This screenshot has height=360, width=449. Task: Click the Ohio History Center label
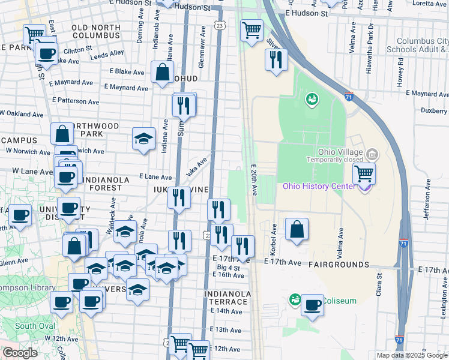(319, 186)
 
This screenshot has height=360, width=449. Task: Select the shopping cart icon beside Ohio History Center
(364, 174)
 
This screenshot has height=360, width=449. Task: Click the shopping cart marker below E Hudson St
(252, 29)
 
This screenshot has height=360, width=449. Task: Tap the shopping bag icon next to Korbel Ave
(297, 229)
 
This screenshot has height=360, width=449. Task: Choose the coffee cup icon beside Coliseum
(312, 305)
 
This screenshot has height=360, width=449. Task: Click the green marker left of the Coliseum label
(295, 299)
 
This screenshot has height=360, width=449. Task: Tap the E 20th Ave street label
(255, 181)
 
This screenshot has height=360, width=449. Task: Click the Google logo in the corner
(20, 353)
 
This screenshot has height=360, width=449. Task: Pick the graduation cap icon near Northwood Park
(143, 139)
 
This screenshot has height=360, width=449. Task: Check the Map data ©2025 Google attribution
(412, 355)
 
